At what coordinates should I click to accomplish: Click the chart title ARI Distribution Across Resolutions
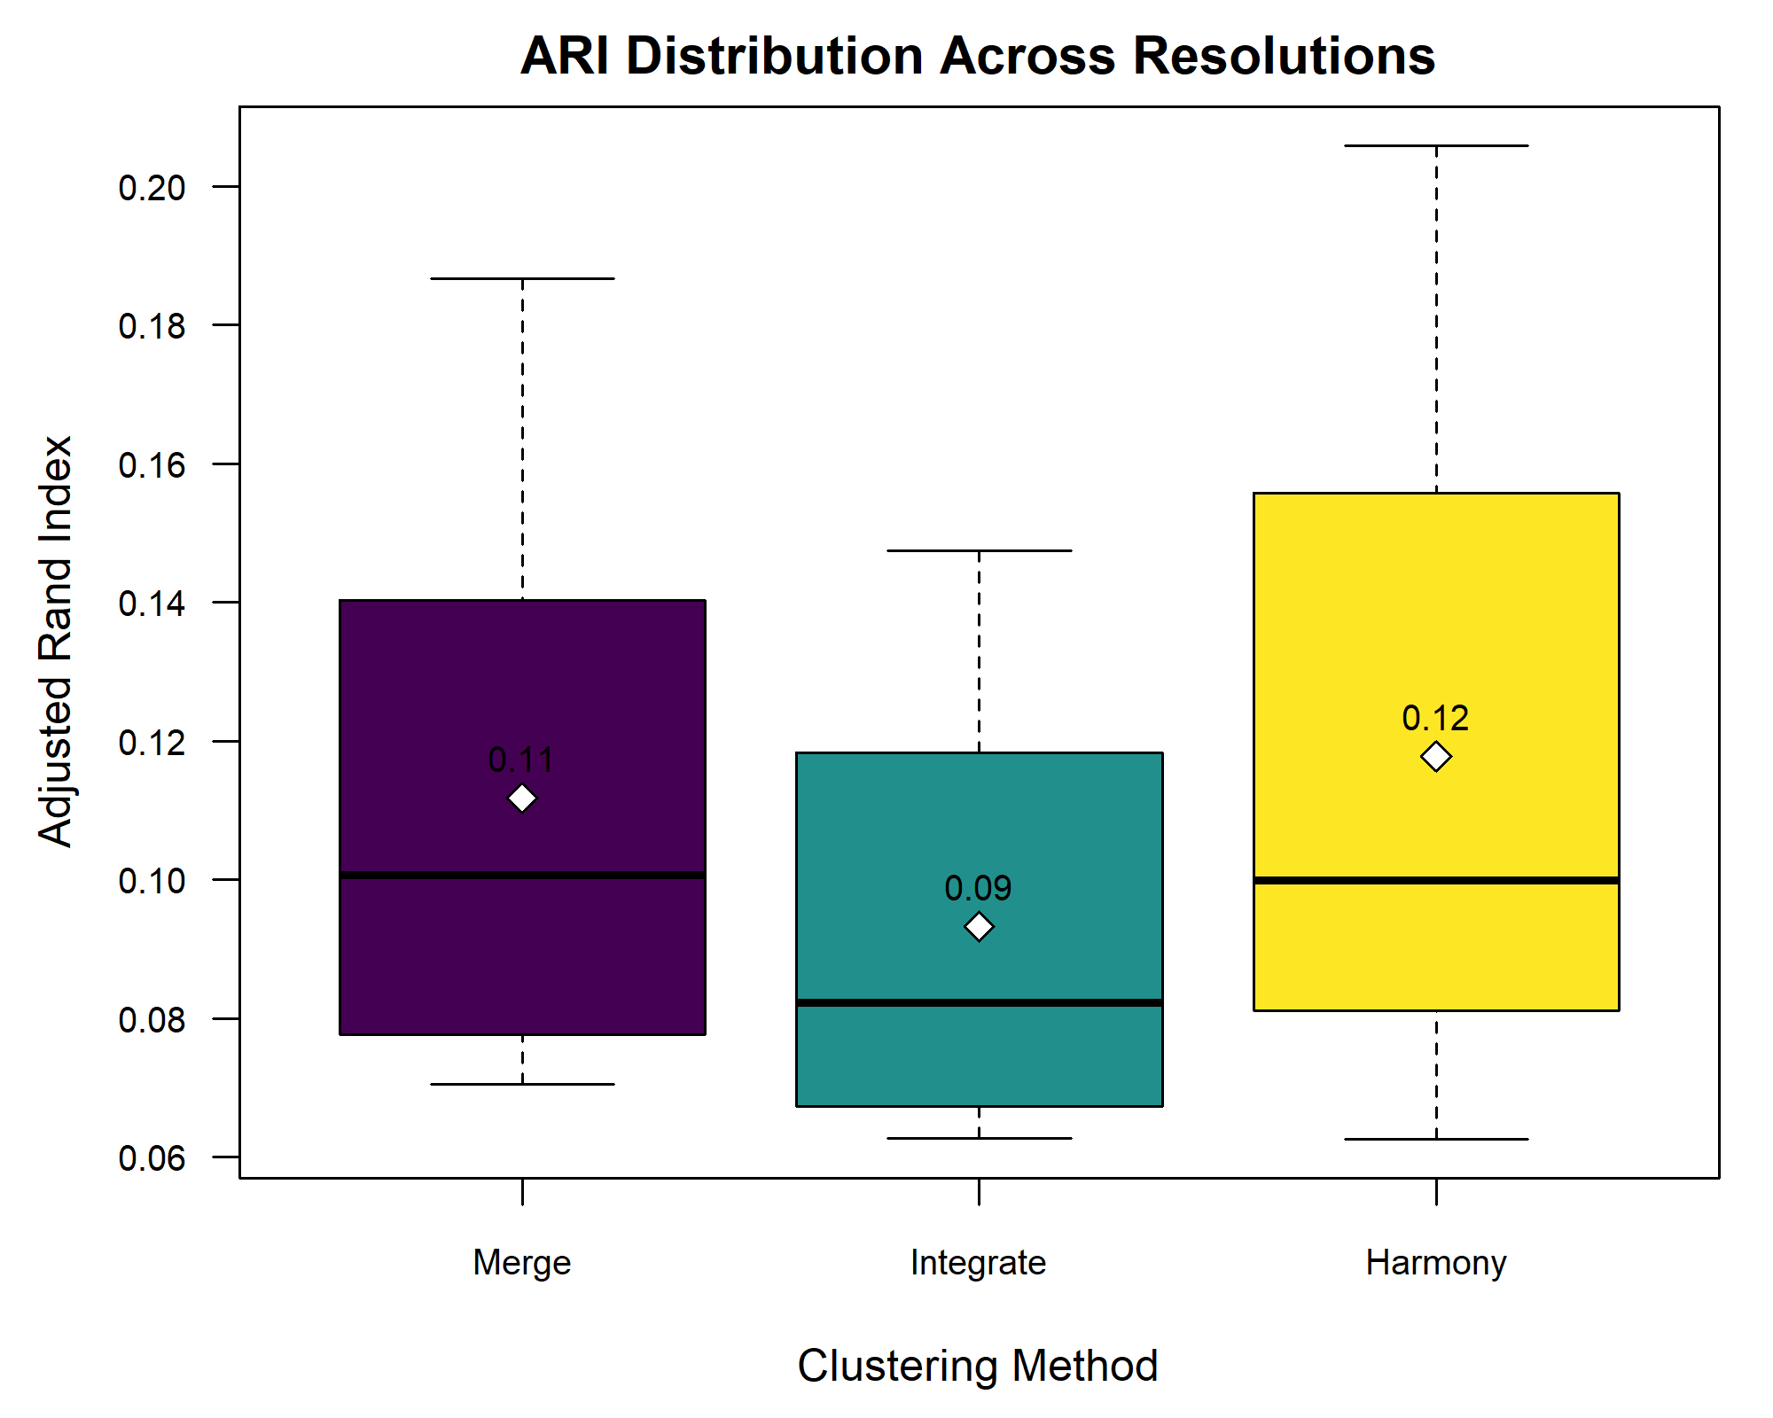pyautogui.click(x=978, y=56)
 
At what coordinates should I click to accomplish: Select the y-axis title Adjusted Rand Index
pyautogui.click(x=55, y=642)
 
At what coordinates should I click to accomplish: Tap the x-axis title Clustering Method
pyautogui.click(x=978, y=1366)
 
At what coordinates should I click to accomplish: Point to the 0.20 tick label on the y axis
pyautogui.click(x=152, y=187)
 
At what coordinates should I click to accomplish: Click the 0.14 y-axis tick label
pyautogui.click(x=152, y=604)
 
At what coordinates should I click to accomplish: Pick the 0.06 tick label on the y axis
pyautogui.click(x=152, y=1158)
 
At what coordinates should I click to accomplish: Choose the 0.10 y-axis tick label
pyautogui.click(x=152, y=881)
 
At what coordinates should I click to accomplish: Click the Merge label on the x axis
pyautogui.click(x=522, y=1262)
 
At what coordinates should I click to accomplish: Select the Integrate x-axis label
pyautogui.click(x=978, y=1262)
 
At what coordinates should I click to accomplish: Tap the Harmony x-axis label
pyautogui.click(x=1436, y=1262)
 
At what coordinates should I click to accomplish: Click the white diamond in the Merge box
pyautogui.click(x=522, y=799)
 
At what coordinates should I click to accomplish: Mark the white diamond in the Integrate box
pyautogui.click(x=979, y=927)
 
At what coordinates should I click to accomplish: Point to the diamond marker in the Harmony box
pyautogui.click(x=1436, y=757)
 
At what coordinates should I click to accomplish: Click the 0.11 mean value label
pyautogui.click(x=521, y=760)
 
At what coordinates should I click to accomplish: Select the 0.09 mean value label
pyautogui.click(x=978, y=888)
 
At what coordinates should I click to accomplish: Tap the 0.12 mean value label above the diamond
pyautogui.click(x=1435, y=718)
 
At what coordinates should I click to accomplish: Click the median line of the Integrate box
pyautogui.click(x=979, y=1003)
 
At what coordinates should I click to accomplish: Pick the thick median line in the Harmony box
pyautogui.click(x=1436, y=880)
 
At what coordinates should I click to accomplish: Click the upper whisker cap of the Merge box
pyautogui.click(x=522, y=278)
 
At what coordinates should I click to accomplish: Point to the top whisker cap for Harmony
pyautogui.click(x=1436, y=145)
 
